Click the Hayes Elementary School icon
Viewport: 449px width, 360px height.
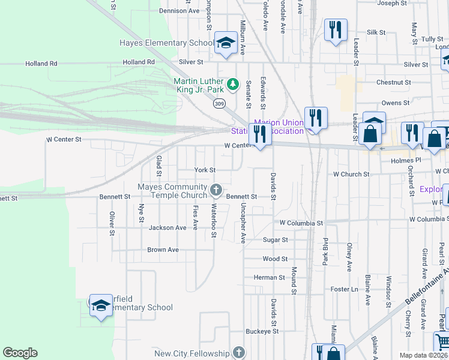coord(226,43)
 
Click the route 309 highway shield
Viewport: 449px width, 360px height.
coord(219,103)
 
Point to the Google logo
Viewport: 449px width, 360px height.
coord(20,353)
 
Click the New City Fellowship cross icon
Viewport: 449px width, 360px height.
coord(239,353)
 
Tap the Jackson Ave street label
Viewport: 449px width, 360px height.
coord(167,228)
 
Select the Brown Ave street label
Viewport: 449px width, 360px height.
coord(163,250)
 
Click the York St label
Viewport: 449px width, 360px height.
coord(205,170)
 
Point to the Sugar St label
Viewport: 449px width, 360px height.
coord(276,239)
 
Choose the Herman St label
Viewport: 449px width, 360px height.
coord(269,278)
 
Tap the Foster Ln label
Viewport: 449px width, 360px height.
coord(344,289)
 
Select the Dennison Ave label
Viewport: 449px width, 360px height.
coord(179,11)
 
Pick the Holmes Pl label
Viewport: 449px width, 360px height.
coord(402,161)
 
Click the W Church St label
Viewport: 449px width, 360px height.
coord(351,174)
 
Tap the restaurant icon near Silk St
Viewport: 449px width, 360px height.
coord(335,29)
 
